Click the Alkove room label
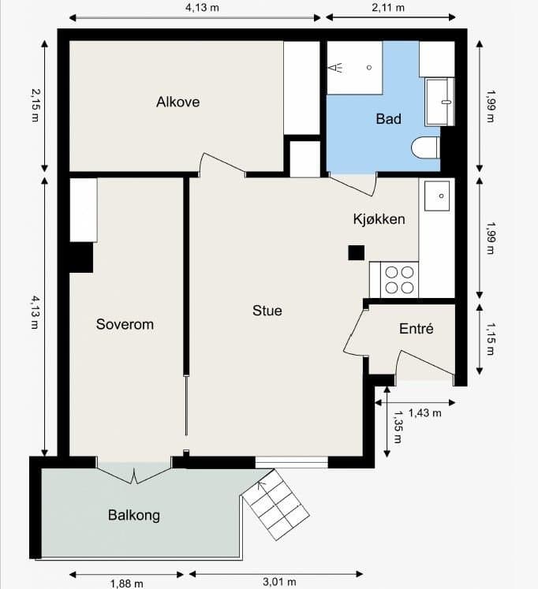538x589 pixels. point(177,102)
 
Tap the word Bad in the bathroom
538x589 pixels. point(388,119)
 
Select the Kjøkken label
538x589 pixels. point(379,219)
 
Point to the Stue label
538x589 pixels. point(267,311)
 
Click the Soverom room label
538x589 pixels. point(125,324)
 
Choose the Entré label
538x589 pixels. point(417,329)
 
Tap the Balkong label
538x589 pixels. point(134,515)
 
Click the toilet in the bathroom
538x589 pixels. point(426,147)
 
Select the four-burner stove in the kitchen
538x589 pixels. point(399,280)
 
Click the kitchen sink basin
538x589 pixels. point(437,196)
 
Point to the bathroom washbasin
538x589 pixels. point(439,102)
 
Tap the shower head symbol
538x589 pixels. point(334,68)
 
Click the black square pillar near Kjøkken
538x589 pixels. point(356,253)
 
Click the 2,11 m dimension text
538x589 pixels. point(388,7)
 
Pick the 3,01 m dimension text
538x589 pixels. point(279,582)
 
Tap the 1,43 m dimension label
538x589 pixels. point(424,413)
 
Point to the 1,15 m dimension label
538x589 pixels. point(491,339)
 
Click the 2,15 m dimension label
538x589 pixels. point(35,105)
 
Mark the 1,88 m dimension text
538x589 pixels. point(126,583)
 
